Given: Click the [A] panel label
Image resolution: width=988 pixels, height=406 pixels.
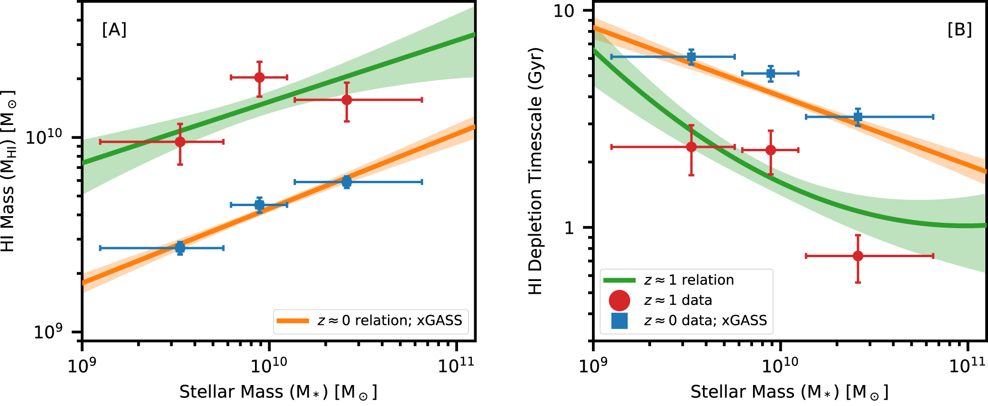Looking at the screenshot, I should [x=114, y=30].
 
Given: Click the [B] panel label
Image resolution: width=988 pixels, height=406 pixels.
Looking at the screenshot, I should [x=959, y=30].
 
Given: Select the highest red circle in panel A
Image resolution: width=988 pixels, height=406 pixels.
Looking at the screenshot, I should [x=259, y=77].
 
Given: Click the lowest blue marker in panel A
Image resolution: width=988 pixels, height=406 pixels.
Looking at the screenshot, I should [x=180, y=248].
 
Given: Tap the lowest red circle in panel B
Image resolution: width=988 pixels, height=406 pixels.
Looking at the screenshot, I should [x=858, y=256].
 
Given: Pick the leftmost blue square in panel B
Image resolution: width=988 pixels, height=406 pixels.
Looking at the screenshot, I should [x=691, y=57].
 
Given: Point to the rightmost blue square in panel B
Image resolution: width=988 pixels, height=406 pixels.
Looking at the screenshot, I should [x=858, y=116].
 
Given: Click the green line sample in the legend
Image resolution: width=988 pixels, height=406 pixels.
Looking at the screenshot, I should [x=620, y=280].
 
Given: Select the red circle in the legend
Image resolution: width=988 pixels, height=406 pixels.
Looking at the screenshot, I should [x=620, y=301].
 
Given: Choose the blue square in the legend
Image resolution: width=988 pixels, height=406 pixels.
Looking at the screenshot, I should [x=620, y=321].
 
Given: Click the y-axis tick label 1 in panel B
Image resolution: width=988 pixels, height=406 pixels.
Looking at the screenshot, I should [x=569, y=228].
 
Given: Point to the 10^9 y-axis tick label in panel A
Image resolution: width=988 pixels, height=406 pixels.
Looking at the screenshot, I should [x=48, y=331].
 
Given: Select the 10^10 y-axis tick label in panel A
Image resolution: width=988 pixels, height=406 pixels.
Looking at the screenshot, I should [x=44, y=137].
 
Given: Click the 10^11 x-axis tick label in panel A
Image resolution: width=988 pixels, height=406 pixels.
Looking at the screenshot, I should [x=456, y=365].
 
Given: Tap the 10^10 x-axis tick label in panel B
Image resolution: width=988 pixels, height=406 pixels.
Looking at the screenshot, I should [x=780, y=365].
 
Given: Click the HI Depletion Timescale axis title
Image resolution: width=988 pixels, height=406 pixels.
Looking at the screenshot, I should [x=535, y=171].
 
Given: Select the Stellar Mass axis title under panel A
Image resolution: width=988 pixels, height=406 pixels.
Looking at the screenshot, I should [x=278, y=392].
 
